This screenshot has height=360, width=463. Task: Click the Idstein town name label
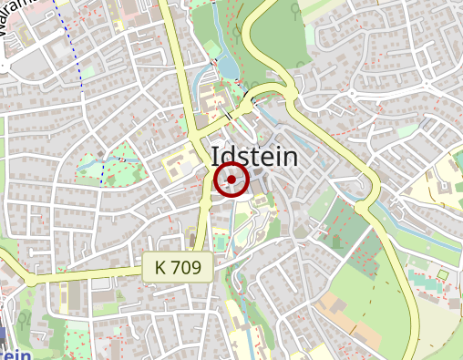(x=254, y=157)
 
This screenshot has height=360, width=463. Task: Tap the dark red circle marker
(x=231, y=180)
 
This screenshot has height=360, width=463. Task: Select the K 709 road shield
(x=178, y=267)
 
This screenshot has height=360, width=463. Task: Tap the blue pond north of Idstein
(x=227, y=65)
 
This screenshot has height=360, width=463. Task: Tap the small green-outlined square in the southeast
(x=443, y=274)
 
